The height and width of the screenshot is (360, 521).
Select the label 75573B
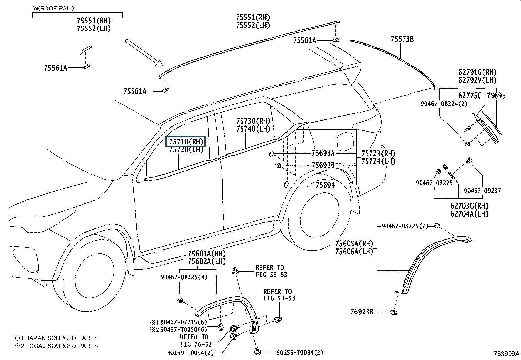click(402, 40)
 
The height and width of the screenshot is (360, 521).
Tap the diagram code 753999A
click(506, 354)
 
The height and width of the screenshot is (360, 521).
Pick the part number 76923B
click(362, 312)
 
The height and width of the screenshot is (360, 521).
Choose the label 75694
click(325, 185)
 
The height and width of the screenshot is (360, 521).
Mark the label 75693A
click(323, 153)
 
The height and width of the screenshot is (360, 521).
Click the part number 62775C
click(470, 96)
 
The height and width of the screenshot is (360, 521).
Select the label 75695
click(496, 96)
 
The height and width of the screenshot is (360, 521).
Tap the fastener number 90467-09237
click(482, 191)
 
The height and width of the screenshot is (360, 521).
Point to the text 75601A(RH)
click(207, 254)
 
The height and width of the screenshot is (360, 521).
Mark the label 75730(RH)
click(253, 121)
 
